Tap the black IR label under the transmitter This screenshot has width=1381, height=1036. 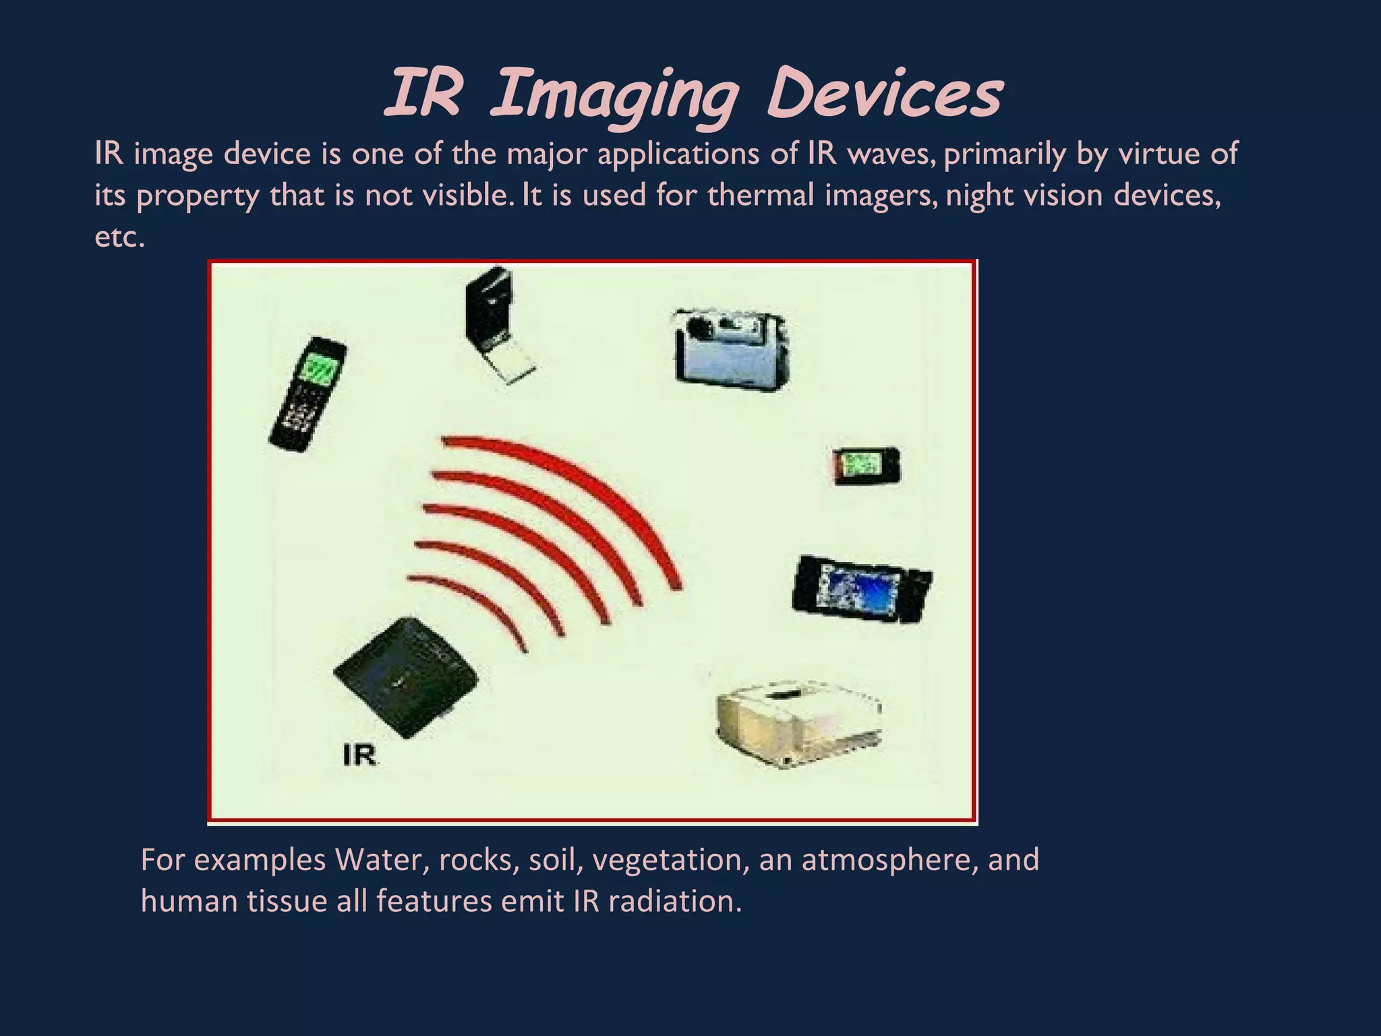[359, 754]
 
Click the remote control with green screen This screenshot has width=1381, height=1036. [307, 395]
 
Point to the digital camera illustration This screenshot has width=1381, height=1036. [730, 349]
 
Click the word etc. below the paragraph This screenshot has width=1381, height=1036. [119, 237]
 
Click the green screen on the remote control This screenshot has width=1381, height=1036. [322, 370]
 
